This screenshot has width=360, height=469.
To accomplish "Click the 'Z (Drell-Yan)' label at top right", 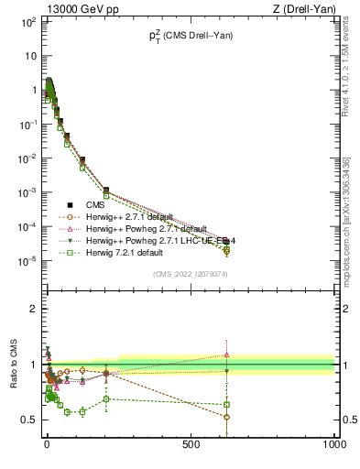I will [x=303, y=10].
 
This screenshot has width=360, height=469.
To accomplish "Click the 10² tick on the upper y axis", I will [x=27, y=20].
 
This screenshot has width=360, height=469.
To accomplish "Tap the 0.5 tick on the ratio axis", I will [x=29, y=420].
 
